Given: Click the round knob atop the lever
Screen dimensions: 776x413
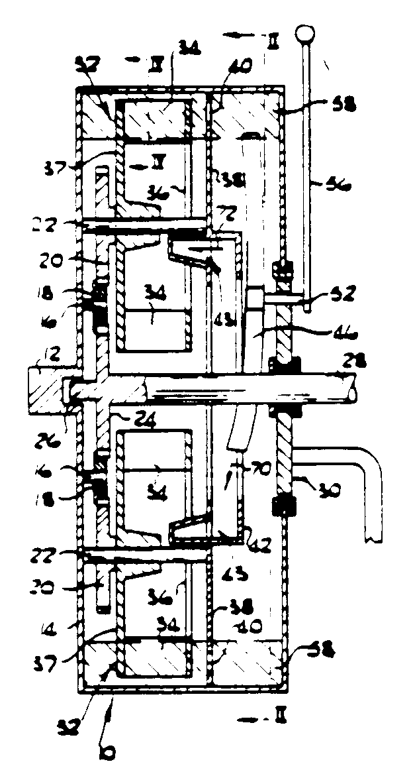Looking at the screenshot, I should [x=304, y=32].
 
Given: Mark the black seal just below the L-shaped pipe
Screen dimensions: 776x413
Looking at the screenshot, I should [x=278, y=508].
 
